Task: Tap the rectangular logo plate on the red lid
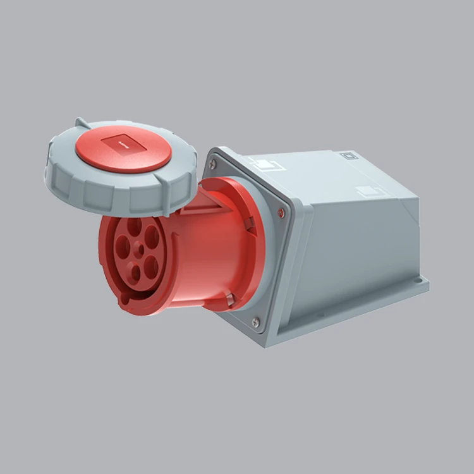pyautogui.click(x=124, y=145)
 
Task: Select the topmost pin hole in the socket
pyautogui.click(x=134, y=226)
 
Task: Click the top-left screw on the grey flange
pyautogui.click(x=212, y=164)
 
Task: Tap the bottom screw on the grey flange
pyautogui.click(x=255, y=322)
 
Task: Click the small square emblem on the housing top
pyautogui.click(x=348, y=155)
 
